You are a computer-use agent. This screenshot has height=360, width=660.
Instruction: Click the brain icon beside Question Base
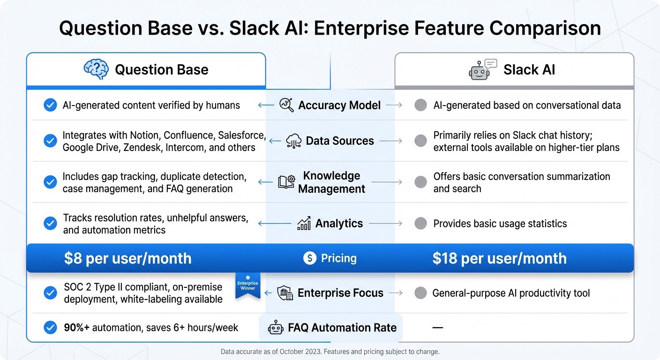click(x=96, y=69)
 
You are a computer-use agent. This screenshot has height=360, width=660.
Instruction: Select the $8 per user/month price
click(x=127, y=258)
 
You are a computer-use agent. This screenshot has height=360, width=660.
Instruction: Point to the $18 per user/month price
click(x=499, y=258)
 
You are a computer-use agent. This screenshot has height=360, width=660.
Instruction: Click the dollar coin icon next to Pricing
click(x=310, y=258)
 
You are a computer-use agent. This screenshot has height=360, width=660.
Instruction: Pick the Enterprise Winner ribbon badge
click(x=247, y=286)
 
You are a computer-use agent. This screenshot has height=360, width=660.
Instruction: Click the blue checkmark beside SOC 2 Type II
click(x=50, y=293)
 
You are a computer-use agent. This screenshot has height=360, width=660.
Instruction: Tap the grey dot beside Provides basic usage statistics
click(x=420, y=224)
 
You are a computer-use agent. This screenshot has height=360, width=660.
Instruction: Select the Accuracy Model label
click(x=339, y=105)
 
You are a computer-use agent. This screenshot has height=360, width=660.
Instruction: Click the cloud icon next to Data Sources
click(x=294, y=141)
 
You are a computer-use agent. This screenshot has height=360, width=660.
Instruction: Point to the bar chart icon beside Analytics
click(x=304, y=223)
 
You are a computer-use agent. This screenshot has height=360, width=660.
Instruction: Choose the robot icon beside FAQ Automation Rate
click(x=276, y=328)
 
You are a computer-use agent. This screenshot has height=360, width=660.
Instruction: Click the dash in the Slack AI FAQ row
click(x=437, y=328)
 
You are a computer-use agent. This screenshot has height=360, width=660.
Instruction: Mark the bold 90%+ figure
click(x=76, y=328)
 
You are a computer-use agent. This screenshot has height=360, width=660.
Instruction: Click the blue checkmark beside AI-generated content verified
click(x=50, y=105)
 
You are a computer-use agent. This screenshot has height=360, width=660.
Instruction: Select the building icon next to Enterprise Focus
click(x=285, y=293)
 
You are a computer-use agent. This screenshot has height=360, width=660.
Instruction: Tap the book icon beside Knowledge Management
click(x=286, y=182)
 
